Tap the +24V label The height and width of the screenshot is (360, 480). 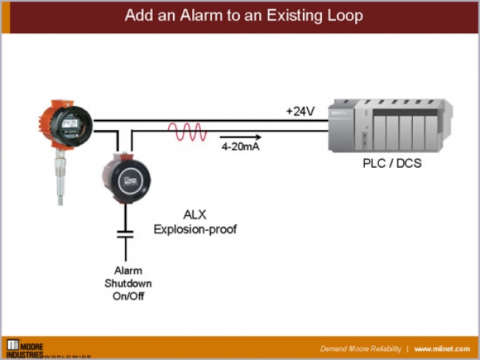(301, 112)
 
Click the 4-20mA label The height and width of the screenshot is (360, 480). (241, 147)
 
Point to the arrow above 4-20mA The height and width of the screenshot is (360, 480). (241, 137)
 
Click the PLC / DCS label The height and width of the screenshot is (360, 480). (391, 163)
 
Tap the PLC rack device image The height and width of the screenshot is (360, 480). (391, 122)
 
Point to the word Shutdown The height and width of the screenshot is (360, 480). (128, 283)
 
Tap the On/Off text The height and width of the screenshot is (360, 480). (128, 295)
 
